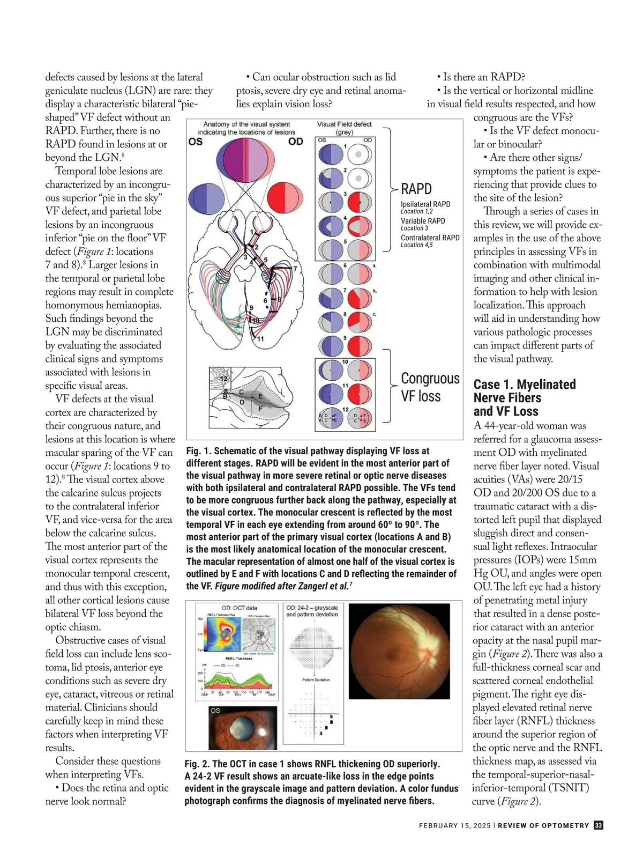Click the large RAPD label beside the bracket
coord(416,189)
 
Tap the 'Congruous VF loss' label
coord(430,387)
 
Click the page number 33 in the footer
coord(599,825)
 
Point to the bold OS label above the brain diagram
coord(196,142)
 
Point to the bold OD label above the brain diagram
coord(295,142)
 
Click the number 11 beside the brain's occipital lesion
coord(260,339)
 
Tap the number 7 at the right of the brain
coord(295,269)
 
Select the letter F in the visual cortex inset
coord(260,409)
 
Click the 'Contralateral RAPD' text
coord(430,238)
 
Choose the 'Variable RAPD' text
coord(423,221)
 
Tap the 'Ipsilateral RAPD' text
coord(425,204)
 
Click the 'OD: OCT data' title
coord(239,608)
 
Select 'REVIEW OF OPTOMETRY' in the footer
coord(543,826)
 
